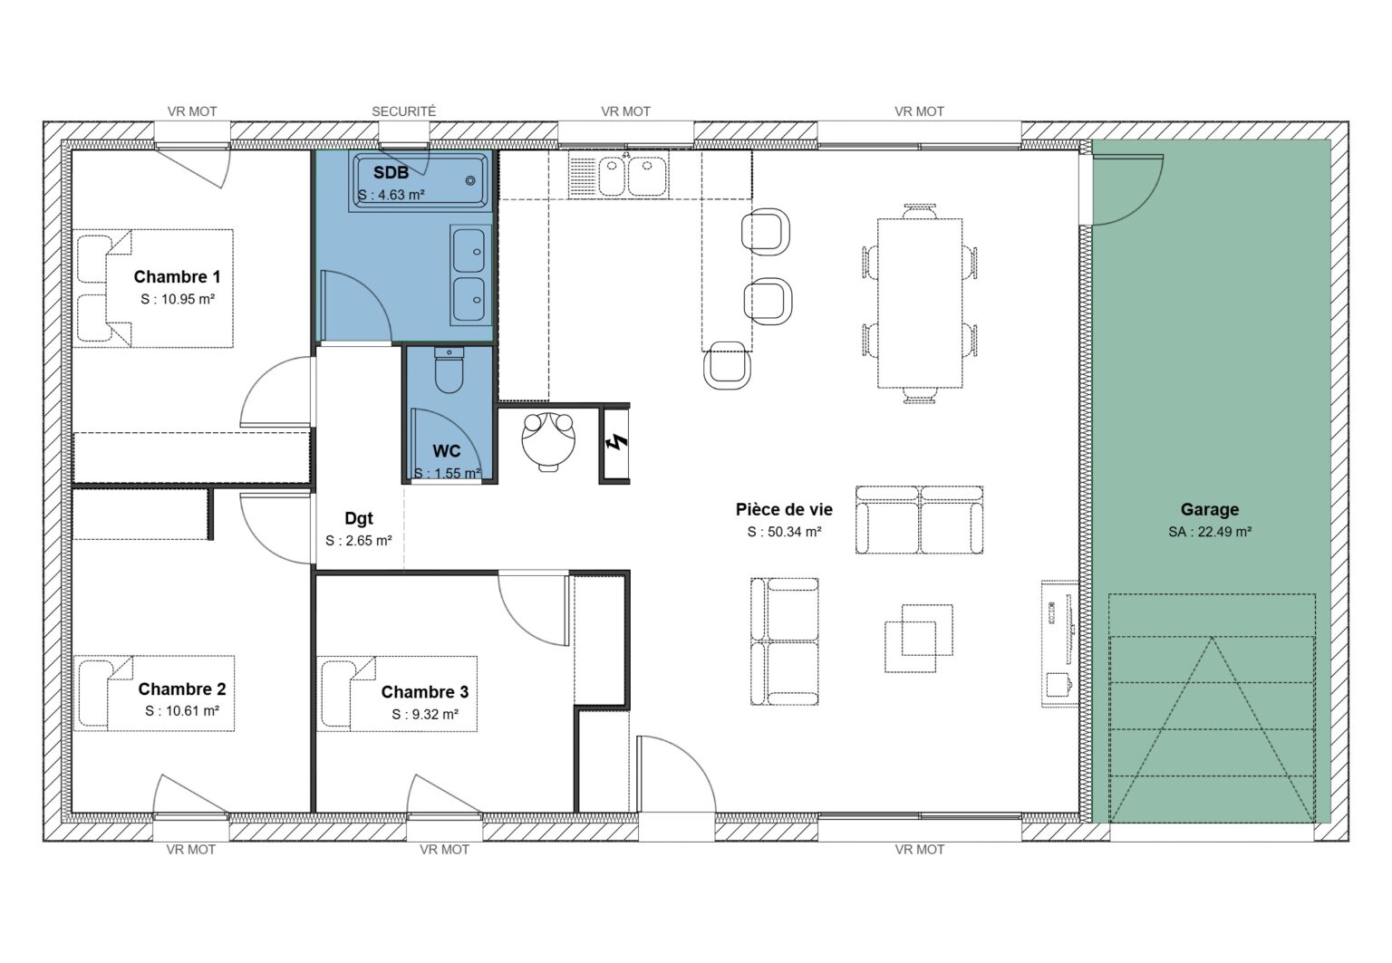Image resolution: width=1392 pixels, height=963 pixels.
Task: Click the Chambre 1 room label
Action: click(177, 277)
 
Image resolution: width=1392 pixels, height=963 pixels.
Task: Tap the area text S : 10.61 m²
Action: click(181, 711)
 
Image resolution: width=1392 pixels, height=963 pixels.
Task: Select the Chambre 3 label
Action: click(424, 692)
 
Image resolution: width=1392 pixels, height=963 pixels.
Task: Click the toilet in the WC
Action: click(449, 371)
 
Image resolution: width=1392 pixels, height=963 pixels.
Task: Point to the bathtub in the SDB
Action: click(421, 180)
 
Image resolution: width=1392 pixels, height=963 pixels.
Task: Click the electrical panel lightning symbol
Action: click(616, 444)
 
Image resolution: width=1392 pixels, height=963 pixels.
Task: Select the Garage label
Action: click(1209, 510)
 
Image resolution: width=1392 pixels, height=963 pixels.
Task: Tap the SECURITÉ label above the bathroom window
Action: click(403, 111)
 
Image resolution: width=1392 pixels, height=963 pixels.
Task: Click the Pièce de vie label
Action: click(784, 510)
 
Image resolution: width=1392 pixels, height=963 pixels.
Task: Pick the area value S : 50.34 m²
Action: click(784, 532)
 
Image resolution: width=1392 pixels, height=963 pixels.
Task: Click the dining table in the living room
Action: click(920, 302)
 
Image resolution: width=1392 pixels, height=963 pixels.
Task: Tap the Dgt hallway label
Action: click(359, 519)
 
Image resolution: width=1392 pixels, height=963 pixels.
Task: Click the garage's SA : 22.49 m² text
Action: click(1209, 532)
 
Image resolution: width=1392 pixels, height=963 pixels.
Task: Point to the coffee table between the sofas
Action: click(918, 631)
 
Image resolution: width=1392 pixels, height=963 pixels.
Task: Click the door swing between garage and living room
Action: click(1128, 190)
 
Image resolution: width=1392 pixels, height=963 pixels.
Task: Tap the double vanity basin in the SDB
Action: click(469, 274)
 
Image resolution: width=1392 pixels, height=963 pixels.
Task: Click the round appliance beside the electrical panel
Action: click(549, 438)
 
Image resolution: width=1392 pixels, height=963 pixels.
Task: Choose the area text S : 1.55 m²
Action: click(447, 473)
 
